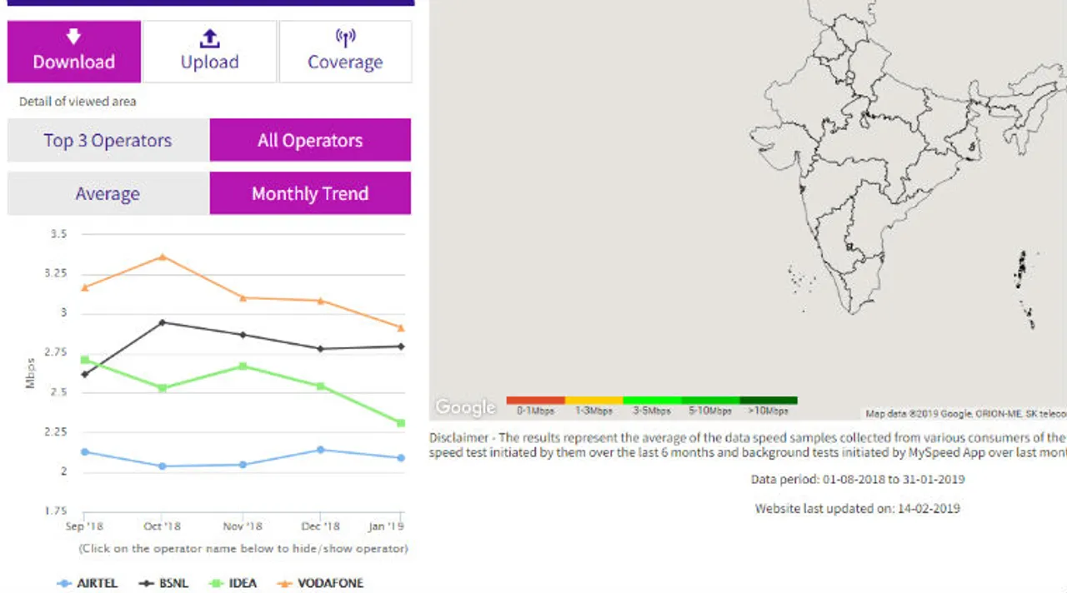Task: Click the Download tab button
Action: point(74,52)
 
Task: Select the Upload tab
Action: point(209,52)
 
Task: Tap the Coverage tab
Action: point(345,52)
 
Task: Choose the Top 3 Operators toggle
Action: point(108,140)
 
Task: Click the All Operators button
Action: point(310,140)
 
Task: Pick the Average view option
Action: point(108,194)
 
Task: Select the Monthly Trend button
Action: point(310,194)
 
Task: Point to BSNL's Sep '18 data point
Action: point(84,374)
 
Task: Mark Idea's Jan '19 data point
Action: point(401,423)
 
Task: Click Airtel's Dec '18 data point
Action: point(322,450)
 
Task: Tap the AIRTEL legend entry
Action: point(88,583)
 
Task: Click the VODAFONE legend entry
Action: point(323,583)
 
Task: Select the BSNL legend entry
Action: point(164,583)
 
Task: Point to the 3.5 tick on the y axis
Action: point(58,235)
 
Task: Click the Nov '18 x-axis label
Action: point(243,526)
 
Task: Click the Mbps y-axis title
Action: point(30,373)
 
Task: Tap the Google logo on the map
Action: point(465,407)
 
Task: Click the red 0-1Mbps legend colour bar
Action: point(535,401)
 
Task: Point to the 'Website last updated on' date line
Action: point(857,508)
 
